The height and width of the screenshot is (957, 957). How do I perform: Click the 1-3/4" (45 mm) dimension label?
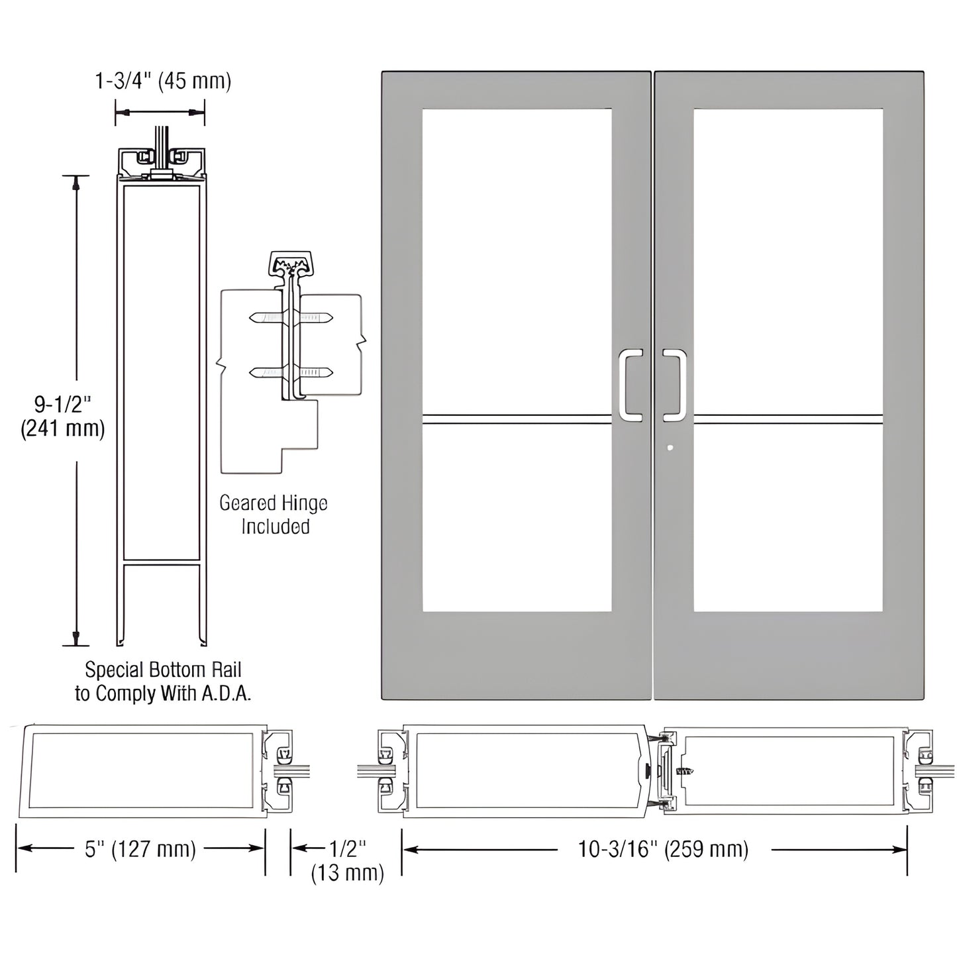163,81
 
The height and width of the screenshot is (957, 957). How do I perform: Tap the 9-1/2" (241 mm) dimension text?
63,415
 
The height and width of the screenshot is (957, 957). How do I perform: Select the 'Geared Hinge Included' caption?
274,515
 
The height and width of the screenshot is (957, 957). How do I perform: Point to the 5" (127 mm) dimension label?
140,849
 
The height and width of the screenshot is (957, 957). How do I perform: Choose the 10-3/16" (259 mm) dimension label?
663,849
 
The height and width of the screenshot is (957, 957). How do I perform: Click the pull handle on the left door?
630,385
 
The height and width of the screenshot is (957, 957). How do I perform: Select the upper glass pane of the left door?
517,258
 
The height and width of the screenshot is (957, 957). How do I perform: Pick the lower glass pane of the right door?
788,520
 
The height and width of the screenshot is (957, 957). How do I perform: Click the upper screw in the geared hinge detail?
291,319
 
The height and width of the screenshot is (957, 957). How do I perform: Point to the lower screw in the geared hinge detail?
291,374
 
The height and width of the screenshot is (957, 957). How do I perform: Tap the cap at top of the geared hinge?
291,262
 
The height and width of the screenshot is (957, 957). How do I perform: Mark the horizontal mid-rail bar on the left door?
517,419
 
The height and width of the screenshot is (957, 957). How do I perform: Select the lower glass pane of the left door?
517,520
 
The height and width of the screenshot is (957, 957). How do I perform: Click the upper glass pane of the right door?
788,258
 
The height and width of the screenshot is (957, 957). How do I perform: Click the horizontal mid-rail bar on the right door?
788,419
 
